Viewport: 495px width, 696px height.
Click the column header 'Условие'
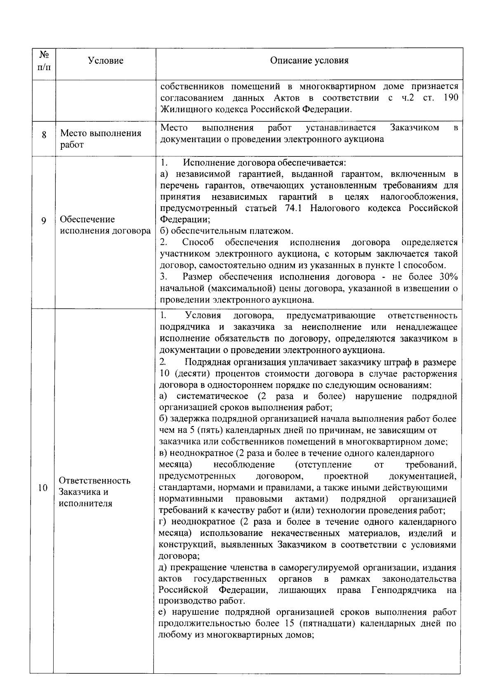tap(106, 61)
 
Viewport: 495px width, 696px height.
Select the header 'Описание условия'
tap(309, 61)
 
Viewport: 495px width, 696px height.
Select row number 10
tap(42, 489)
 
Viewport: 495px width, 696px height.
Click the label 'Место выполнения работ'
tap(101, 139)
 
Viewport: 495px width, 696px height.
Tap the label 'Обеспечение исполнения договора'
tap(105, 225)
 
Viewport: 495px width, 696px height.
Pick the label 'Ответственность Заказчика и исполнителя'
tap(94, 492)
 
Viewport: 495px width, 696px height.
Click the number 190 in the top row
tap(450, 98)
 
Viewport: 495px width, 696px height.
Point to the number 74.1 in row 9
tap(294, 208)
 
